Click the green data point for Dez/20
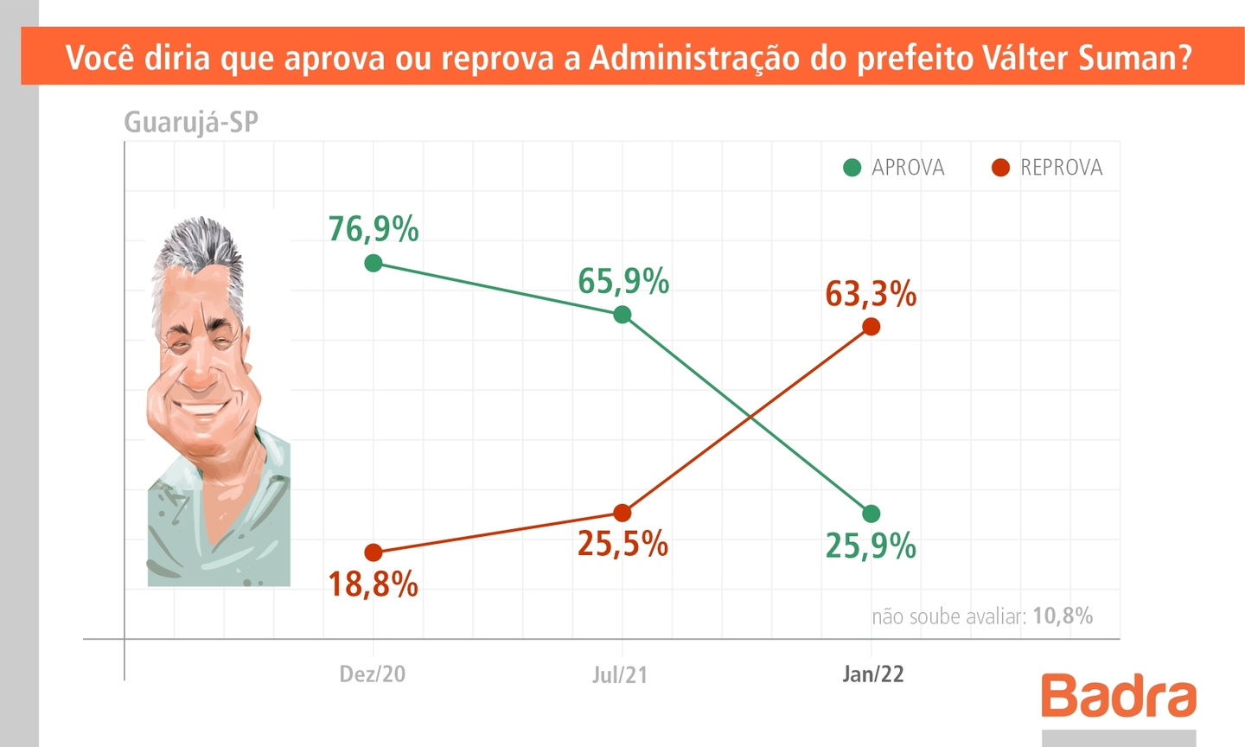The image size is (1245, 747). pyautogui.click(x=373, y=263)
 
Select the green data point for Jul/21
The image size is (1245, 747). pyautogui.click(x=622, y=315)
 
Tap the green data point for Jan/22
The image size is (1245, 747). pyautogui.click(x=871, y=514)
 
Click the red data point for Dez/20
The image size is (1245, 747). pyautogui.click(x=373, y=552)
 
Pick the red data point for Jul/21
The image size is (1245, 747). pyautogui.click(x=622, y=513)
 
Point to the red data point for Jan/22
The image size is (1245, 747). pyautogui.click(x=871, y=326)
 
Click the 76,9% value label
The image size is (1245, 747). pyautogui.click(x=373, y=229)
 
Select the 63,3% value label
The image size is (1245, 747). pyautogui.click(x=871, y=295)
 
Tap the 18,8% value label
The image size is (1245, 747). pyautogui.click(x=373, y=585)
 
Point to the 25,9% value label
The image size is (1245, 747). pyautogui.click(x=871, y=546)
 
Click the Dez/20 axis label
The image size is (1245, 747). pyautogui.click(x=372, y=674)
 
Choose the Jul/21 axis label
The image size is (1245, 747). pyautogui.click(x=619, y=675)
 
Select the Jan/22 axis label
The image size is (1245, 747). pyautogui.click(x=873, y=674)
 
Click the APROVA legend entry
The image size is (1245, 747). pyautogui.click(x=895, y=168)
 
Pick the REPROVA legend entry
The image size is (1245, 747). pyautogui.click(x=1048, y=168)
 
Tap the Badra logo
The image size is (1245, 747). pyautogui.click(x=1119, y=696)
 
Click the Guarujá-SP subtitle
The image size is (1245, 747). pyautogui.click(x=191, y=122)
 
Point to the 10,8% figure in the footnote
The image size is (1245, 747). pyautogui.click(x=1063, y=616)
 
